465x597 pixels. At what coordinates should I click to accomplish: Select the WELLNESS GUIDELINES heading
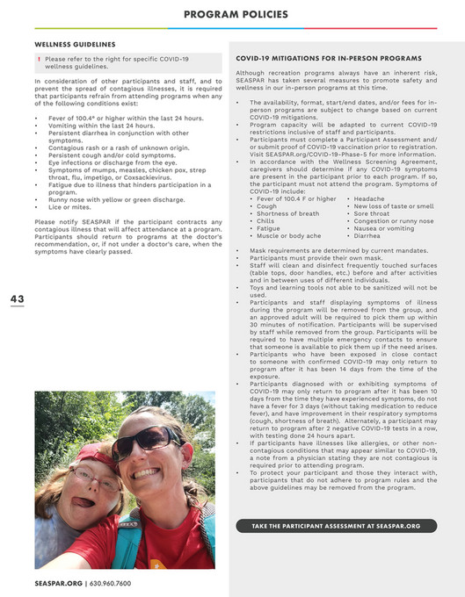tap(75, 43)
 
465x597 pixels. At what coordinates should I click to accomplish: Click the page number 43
tap(17, 299)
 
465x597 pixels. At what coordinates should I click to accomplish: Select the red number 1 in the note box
tap(40, 59)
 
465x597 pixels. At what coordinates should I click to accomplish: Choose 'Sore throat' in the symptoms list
tap(373, 213)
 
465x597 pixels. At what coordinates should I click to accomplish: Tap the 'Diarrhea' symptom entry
tap(367, 236)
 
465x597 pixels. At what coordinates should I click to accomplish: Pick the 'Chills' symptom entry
tap(265, 221)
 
